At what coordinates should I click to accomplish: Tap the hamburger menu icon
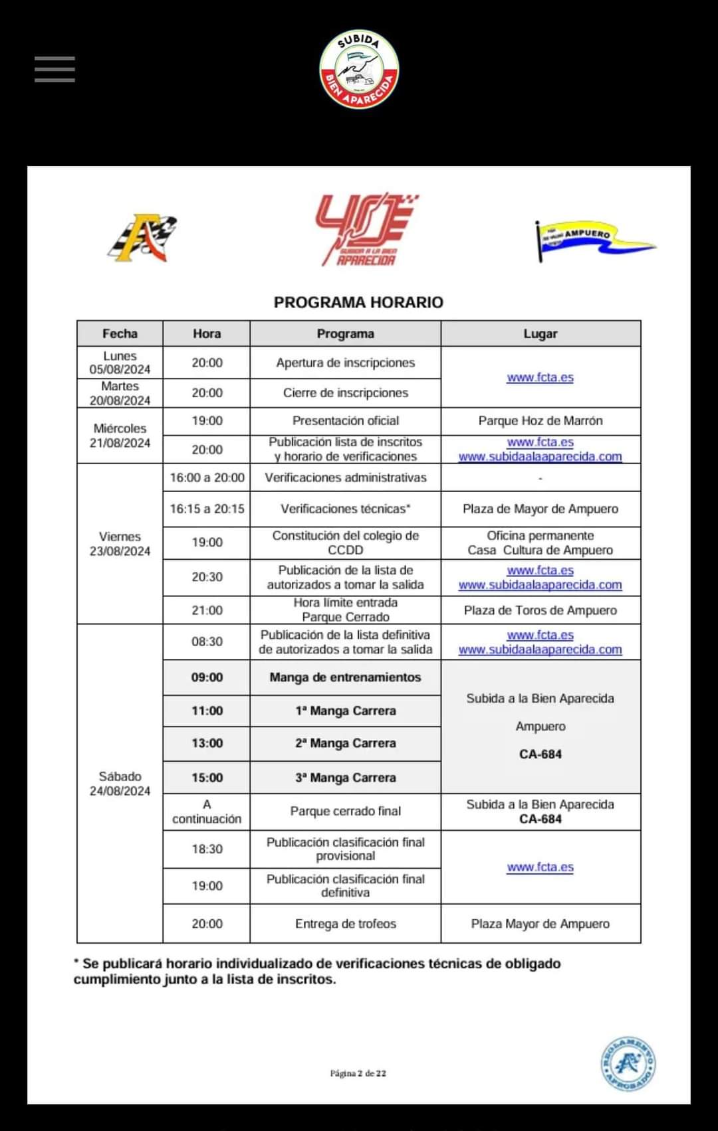tap(55, 69)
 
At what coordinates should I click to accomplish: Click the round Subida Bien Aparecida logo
tap(359, 69)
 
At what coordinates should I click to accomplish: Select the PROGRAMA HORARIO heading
tap(358, 302)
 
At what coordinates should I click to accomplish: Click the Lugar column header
tap(540, 333)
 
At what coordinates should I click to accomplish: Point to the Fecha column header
tap(120, 333)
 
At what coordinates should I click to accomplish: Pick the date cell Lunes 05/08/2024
tap(120, 363)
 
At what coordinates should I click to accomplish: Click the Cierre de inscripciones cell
tap(345, 392)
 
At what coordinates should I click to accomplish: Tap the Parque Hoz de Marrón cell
tap(540, 420)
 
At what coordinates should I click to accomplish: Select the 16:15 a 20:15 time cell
tap(207, 509)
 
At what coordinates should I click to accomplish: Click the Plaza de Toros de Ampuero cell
tap(540, 610)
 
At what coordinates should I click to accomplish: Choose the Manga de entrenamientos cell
tap(345, 677)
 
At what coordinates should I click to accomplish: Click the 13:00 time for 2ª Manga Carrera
tap(207, 743)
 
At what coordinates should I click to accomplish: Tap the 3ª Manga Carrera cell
tap(345, 777)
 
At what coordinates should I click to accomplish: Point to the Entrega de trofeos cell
tap(345, 923)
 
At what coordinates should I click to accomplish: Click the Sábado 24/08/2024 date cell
tap(120, 783)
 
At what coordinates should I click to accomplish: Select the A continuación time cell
tap(207, 811)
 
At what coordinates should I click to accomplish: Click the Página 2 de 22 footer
tap(358, 1073)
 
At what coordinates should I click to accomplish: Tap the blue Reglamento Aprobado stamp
tap(628, 1063)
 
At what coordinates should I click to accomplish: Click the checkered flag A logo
tap(143, 237)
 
